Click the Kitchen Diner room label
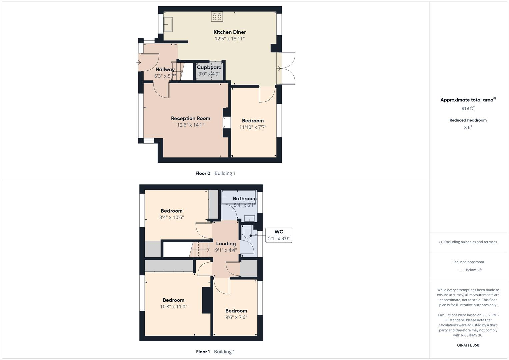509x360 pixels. [230, 32]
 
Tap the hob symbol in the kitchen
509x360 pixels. [217, 17]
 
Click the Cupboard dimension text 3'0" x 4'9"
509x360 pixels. [209, 74]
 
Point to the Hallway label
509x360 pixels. [165, 69]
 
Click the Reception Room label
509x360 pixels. [190, 118]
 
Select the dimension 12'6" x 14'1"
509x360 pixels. [190, 125]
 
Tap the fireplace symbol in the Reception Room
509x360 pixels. [227, 122]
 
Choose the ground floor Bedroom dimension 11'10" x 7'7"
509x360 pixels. [253, 127]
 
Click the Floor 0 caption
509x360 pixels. [203, 173]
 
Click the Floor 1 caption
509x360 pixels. [203, 352]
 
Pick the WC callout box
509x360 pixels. [279, 235]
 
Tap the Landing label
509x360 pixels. [226, 244]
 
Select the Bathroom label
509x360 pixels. [245, 199]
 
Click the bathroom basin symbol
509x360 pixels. [249, 219]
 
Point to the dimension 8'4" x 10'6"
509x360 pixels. [171, 217]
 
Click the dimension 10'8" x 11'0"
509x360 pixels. [173, 307]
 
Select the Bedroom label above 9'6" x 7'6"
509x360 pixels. [236, 311]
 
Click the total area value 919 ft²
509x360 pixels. [468, 108]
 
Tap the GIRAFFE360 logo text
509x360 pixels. [468, 345]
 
